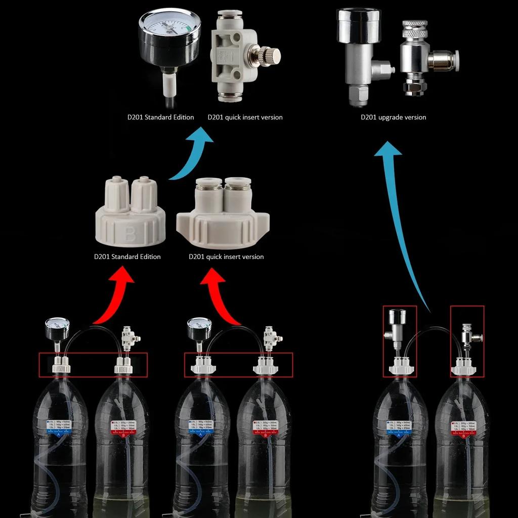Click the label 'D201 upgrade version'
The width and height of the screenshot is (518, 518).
click(x=393, y=117)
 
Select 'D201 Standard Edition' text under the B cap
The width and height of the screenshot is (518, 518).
click(x=127, y=257)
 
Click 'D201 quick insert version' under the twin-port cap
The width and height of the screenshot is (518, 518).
click(x=226, y=257)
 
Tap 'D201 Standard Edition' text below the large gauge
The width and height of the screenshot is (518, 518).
click(x=160, y=117)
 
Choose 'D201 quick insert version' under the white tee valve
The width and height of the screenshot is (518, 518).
click(x=245, y=117)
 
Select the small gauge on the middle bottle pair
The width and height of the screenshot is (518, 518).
click(x=199, y=329)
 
